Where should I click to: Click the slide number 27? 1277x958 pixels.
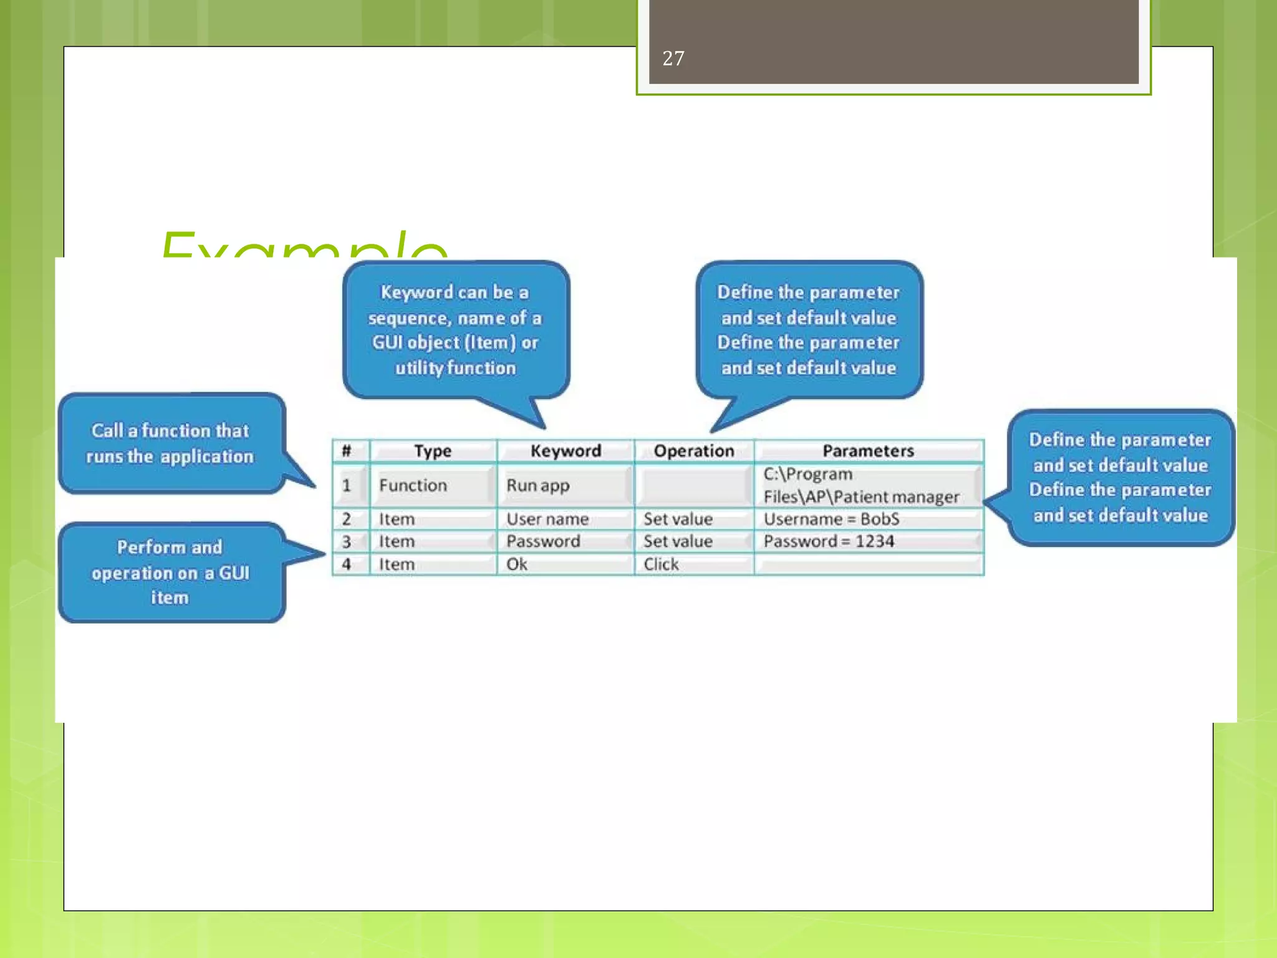(x=673, y=59)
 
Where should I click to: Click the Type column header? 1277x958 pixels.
(x=433, y=451)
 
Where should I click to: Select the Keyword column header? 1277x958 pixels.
(x=566, y=451)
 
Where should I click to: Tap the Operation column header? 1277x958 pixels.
(x=693, y=451)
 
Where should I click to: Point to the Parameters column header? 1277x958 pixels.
(x=868, y=451)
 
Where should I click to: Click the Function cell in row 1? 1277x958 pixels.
(x=413, y=485)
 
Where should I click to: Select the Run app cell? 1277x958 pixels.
(x=538, y=485)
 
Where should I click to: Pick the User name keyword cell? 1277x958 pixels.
(x=547, y=519)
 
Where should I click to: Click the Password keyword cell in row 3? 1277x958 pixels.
(x=543, y=541)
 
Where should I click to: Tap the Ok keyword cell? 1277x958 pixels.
(x=517, y=564)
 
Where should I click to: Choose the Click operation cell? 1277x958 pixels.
(x=661, y=564)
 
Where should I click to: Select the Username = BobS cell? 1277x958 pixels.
(x=831, y=519)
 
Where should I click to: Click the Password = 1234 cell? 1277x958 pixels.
(x=829, y=541)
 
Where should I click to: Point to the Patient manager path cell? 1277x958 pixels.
(x=860, y=485)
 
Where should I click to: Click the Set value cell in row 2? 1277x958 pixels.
(x=678, y=519)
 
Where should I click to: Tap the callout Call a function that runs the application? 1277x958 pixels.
(x=170, y=443)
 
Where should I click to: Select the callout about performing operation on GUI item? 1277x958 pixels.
(x=170, y=572)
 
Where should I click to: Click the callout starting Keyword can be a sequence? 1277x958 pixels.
(x=455, y=330)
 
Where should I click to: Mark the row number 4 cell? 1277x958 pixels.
(x=347, y=564)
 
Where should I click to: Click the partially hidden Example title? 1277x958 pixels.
(x=303, y=246)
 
